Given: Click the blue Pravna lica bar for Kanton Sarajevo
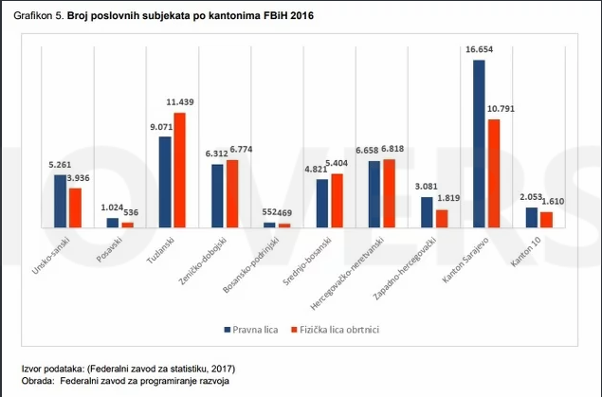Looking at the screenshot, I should [479, 143].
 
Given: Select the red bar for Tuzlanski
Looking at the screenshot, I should [179, 171].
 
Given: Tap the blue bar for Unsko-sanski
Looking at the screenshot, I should [61, 201].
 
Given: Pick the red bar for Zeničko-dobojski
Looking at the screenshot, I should [232, 193].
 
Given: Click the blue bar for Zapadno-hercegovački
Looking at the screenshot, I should [427, 212].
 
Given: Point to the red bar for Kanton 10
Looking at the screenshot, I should [545, 219].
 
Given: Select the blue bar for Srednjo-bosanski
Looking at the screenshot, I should [322, 203].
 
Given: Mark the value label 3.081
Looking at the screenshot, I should [425, 187].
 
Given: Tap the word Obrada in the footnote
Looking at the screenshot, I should [37, 381].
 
